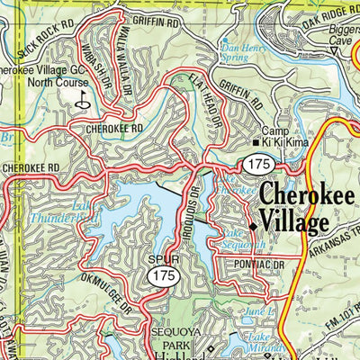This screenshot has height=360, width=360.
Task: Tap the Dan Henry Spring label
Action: (241, 52)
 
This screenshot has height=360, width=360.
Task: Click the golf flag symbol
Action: (85, 100)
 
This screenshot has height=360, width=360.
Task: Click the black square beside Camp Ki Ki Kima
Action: (256, 143)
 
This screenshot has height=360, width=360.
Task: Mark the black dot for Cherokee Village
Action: (253, 227)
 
